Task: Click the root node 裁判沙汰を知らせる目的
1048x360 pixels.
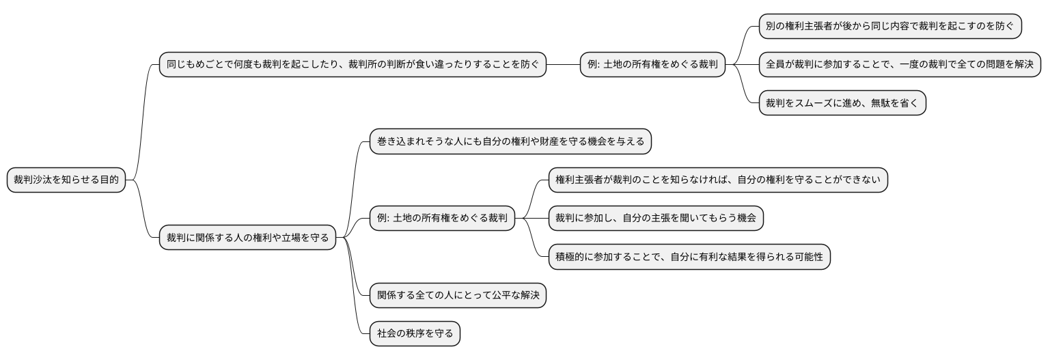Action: (66, 180)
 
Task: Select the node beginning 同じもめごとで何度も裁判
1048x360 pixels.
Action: (353, 65)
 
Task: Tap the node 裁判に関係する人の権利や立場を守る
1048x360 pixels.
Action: (247, 238)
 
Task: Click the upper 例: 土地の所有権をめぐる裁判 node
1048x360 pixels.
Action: (652, 65)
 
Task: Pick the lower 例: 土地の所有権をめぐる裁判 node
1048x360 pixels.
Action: (442, 219)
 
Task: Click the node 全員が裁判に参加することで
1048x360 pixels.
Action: (900, 65)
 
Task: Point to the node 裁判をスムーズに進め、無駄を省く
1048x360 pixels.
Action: (842, 103)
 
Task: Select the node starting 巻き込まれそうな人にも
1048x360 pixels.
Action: (510, 142)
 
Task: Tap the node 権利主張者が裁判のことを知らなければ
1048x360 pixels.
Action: (718, 180)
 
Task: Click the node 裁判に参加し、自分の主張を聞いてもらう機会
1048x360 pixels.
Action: (656, 219)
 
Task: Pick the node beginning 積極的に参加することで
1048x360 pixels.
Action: (689, 257)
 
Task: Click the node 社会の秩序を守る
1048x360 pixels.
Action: (415, 334)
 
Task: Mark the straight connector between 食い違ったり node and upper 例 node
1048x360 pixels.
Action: (563, 65)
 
